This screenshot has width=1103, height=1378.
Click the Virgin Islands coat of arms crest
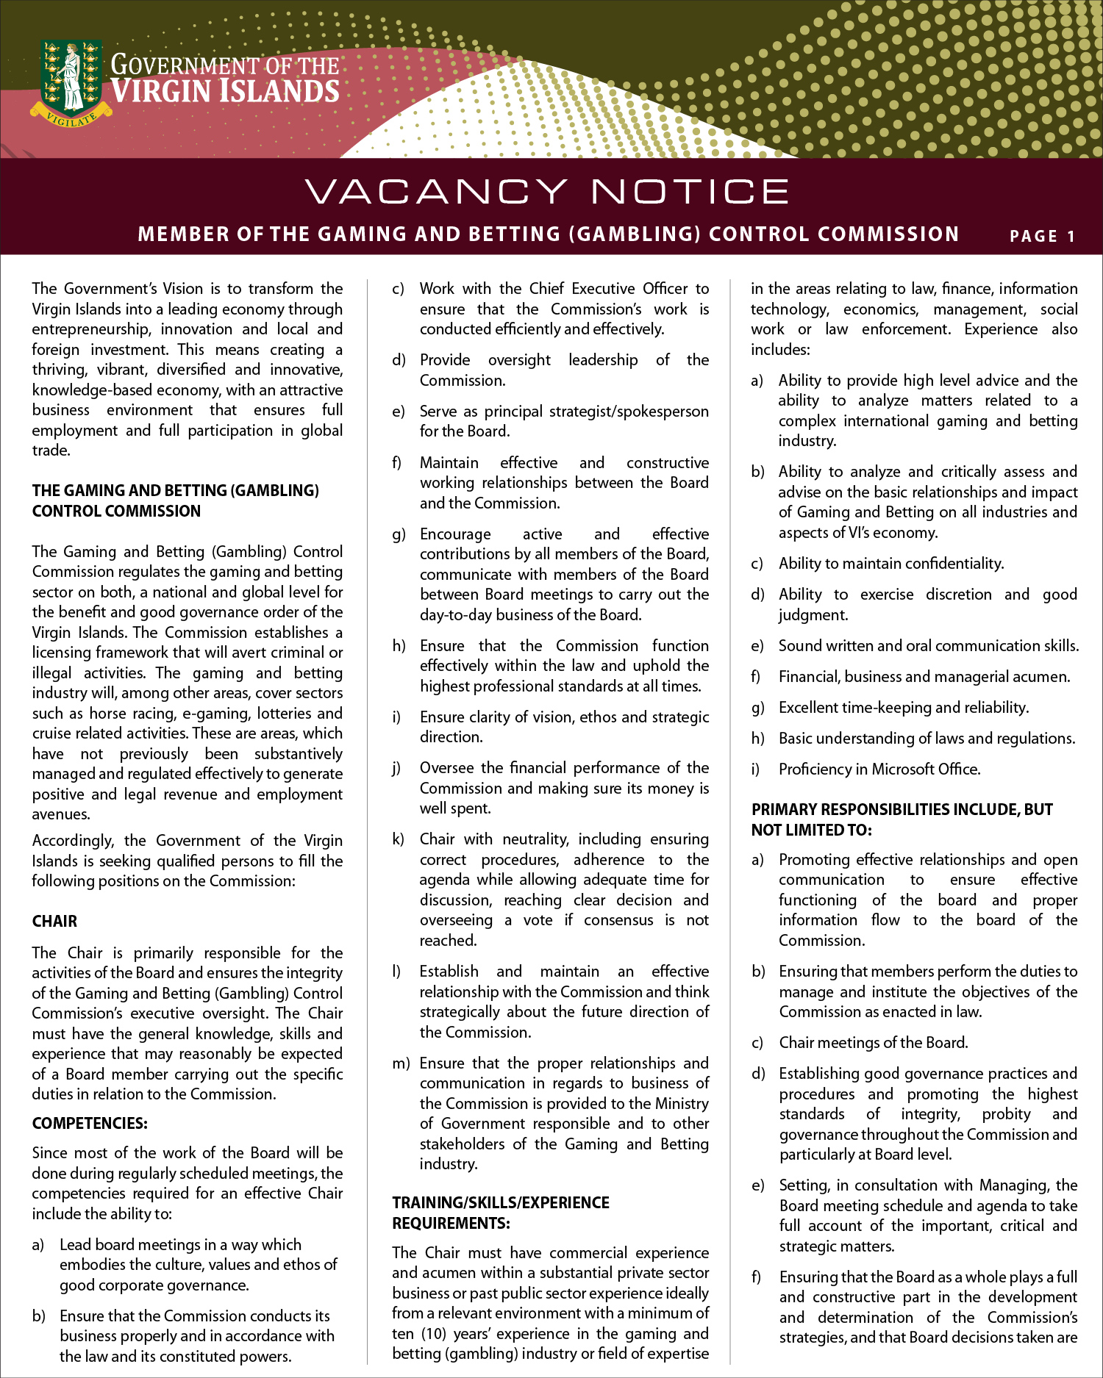point(71,76)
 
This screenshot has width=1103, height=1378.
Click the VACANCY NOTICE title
point(547,192)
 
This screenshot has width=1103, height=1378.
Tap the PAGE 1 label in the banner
point(1042,237)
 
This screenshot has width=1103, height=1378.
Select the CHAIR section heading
point(54,922)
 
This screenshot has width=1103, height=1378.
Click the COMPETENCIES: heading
point(90,1123)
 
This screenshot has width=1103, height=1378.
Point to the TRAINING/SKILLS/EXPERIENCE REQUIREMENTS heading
point(501,1213)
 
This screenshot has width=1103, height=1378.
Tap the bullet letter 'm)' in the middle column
point(401,1063)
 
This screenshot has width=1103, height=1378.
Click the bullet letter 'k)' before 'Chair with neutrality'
point(399,839)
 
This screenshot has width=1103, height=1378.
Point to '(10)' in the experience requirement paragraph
point(434,1333)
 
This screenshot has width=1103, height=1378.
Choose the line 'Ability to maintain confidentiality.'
point(891,564)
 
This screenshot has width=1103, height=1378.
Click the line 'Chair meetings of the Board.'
point(874,1043)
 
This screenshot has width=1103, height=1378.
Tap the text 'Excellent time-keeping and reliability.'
point(904,708)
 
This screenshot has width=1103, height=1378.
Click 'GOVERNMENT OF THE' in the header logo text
point(225,65)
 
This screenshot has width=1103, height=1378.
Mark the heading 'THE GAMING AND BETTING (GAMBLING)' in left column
point(176,491)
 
